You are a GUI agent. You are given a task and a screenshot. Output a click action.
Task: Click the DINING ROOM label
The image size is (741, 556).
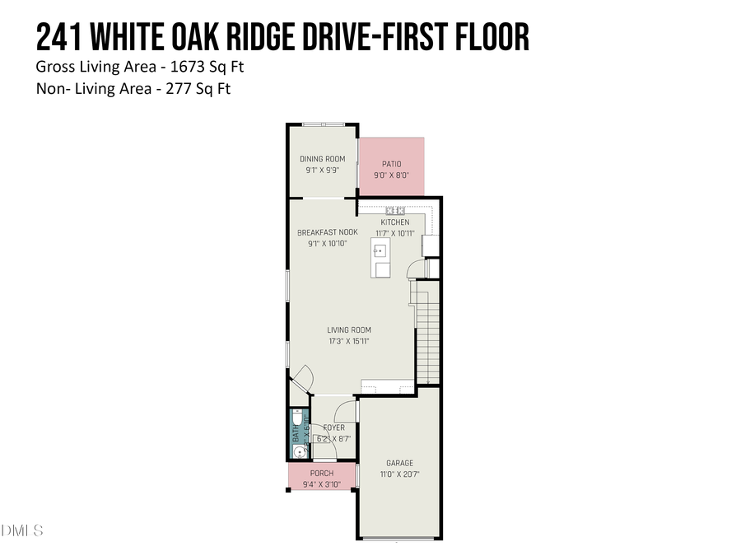coord(322,159)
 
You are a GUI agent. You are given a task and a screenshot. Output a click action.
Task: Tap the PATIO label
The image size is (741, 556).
coord(391,164)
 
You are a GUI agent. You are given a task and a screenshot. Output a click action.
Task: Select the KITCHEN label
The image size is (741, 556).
coord(394,222)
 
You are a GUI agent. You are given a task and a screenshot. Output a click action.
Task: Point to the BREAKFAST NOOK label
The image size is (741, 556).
coord(328,233)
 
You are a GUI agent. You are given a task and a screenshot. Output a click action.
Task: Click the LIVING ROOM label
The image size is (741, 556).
coord(349,330)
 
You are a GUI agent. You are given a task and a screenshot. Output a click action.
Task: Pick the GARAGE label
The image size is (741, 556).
coord(399,463)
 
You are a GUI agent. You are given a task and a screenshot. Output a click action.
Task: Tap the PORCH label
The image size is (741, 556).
coord(322,474)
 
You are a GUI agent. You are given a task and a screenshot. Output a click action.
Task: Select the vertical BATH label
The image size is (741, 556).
coord(295,437)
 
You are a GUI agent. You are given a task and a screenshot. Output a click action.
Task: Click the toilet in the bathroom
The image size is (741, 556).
coord(298,420)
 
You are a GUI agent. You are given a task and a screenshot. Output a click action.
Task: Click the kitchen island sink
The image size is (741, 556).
coord(382,269)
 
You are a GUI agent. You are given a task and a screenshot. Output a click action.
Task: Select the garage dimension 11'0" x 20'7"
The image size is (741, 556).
coord(399,474)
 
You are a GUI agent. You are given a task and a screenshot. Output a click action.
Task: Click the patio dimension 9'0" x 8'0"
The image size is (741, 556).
coord(391,175)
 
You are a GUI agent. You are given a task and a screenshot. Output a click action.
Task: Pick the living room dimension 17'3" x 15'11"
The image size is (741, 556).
coord(349,341)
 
